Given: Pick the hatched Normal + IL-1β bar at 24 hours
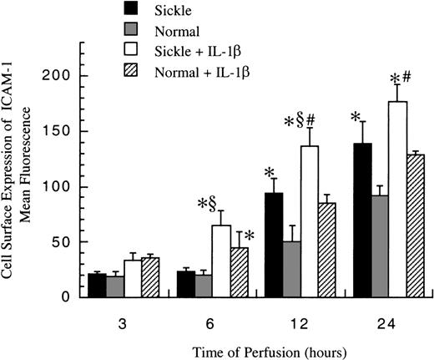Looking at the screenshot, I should (411, 226).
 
